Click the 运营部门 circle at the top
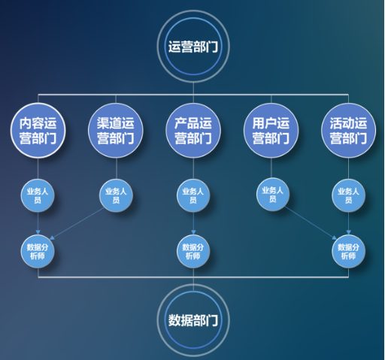click(x=193, y=47)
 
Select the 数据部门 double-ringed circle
click(x=193, y=320)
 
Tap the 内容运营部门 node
click(x=38, y=130)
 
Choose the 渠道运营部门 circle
click(x=116, y=130)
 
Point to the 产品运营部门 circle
click(x=193, y=130)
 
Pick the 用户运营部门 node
click(x=271, y=130)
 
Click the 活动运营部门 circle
click(x=348, y=130)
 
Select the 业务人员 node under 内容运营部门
click(x=38, y=195)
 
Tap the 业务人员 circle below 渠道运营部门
click(x=116, y=195)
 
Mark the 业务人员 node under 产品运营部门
click(x=193, y=195)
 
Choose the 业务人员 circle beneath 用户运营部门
click(x=273, y=194)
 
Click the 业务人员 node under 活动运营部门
click(x=348, y=195)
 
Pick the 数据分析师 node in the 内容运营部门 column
click(x=38, y=251)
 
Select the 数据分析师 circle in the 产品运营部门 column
click(x=193, y=251)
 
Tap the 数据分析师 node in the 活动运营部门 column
click(x=348, y=251)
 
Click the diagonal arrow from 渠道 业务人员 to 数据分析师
click(x=77, y=223)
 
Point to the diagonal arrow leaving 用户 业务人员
click(x=311, y=223)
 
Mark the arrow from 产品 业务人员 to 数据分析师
click(x=193, y=223)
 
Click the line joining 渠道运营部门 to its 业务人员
click(x=117, y=168)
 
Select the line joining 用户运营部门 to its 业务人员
click(x=271, y=168)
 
